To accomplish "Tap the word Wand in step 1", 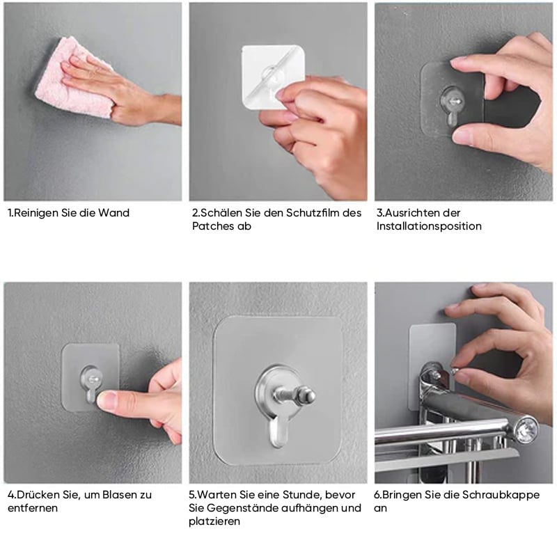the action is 113,213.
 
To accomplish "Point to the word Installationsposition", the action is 429,226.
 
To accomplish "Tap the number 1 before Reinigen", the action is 10,213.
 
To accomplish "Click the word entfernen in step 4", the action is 32,508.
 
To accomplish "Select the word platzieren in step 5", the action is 214,521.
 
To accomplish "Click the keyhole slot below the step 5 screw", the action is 277,432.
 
